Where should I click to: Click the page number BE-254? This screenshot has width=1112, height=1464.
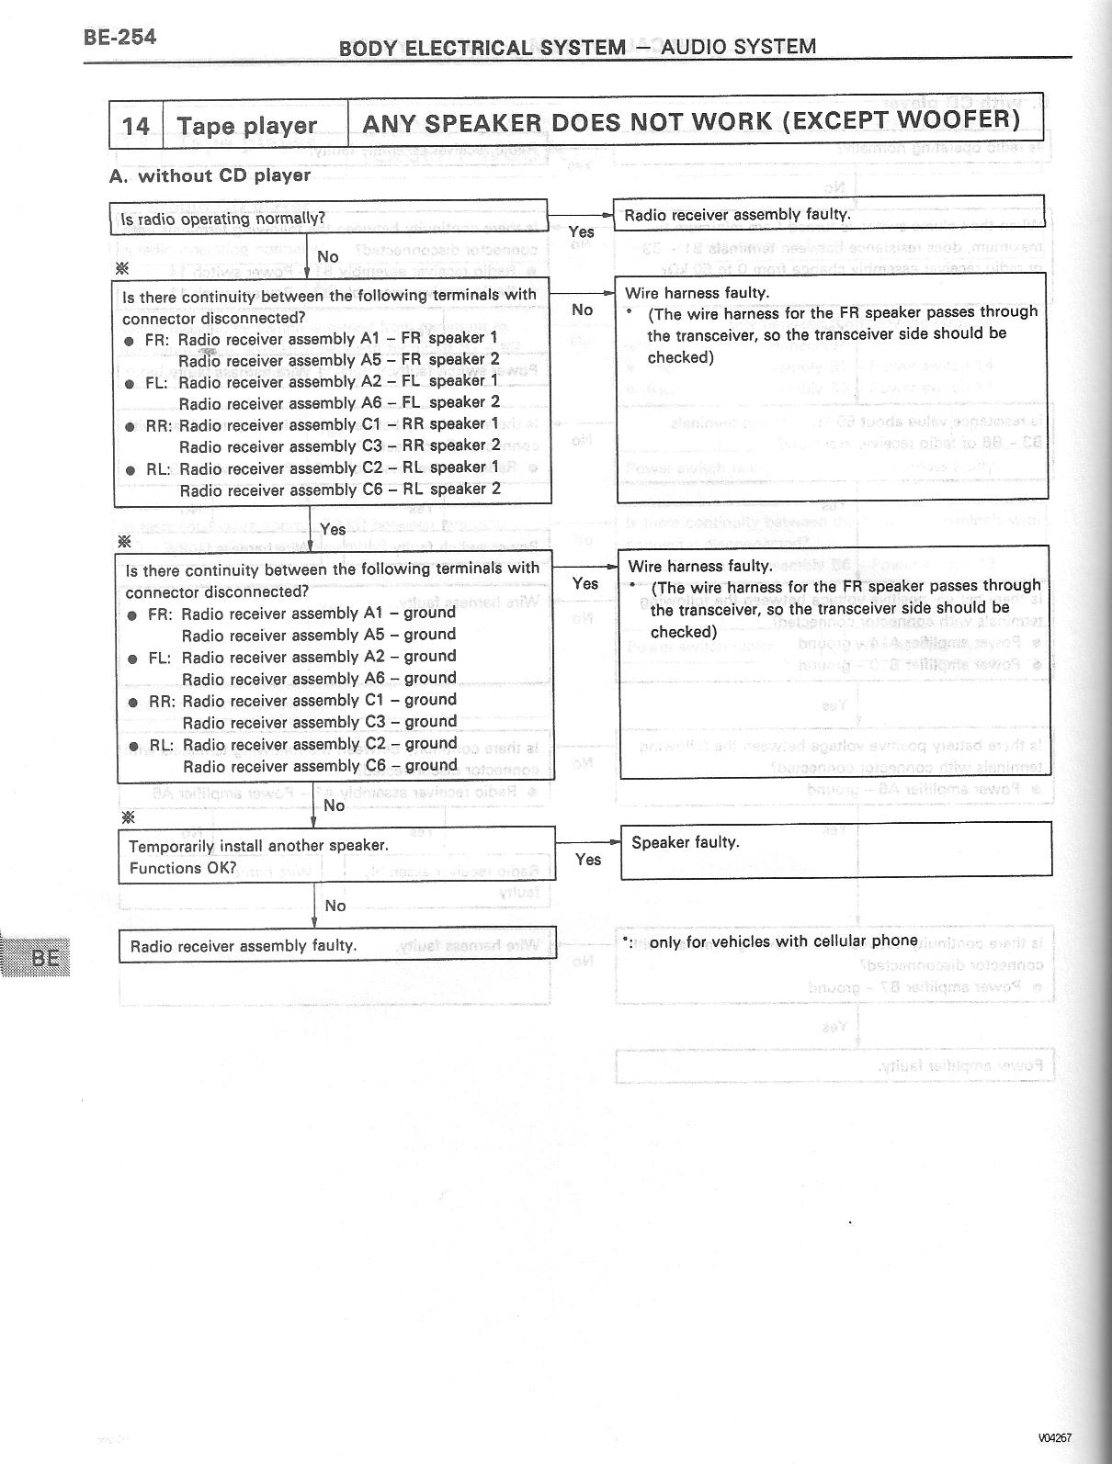pos(119,37)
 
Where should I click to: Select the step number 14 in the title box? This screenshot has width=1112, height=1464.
pos(136,126)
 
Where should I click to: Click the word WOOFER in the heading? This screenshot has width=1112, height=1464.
pos(957,120)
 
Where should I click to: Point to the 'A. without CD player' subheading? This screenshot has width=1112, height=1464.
pos(210,175)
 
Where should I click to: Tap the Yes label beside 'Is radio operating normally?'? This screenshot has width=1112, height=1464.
pos(582,231)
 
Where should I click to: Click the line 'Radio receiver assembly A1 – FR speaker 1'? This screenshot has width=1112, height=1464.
pos(337,338)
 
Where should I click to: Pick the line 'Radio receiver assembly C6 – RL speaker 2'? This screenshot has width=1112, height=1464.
pos(340,490)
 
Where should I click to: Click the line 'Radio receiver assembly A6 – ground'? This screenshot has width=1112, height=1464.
pos(319,679)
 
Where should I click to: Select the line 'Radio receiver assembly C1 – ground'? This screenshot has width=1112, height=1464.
pos(319,700)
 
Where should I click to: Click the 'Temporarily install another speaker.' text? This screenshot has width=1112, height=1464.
pos(258,845)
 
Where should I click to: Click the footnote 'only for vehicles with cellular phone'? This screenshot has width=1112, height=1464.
pos(783,940)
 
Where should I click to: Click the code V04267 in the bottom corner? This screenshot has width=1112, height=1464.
pos(1055,1438)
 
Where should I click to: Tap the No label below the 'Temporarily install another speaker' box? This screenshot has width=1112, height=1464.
pos(335,906)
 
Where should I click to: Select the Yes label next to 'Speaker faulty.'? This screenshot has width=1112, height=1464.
pos(588,859)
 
